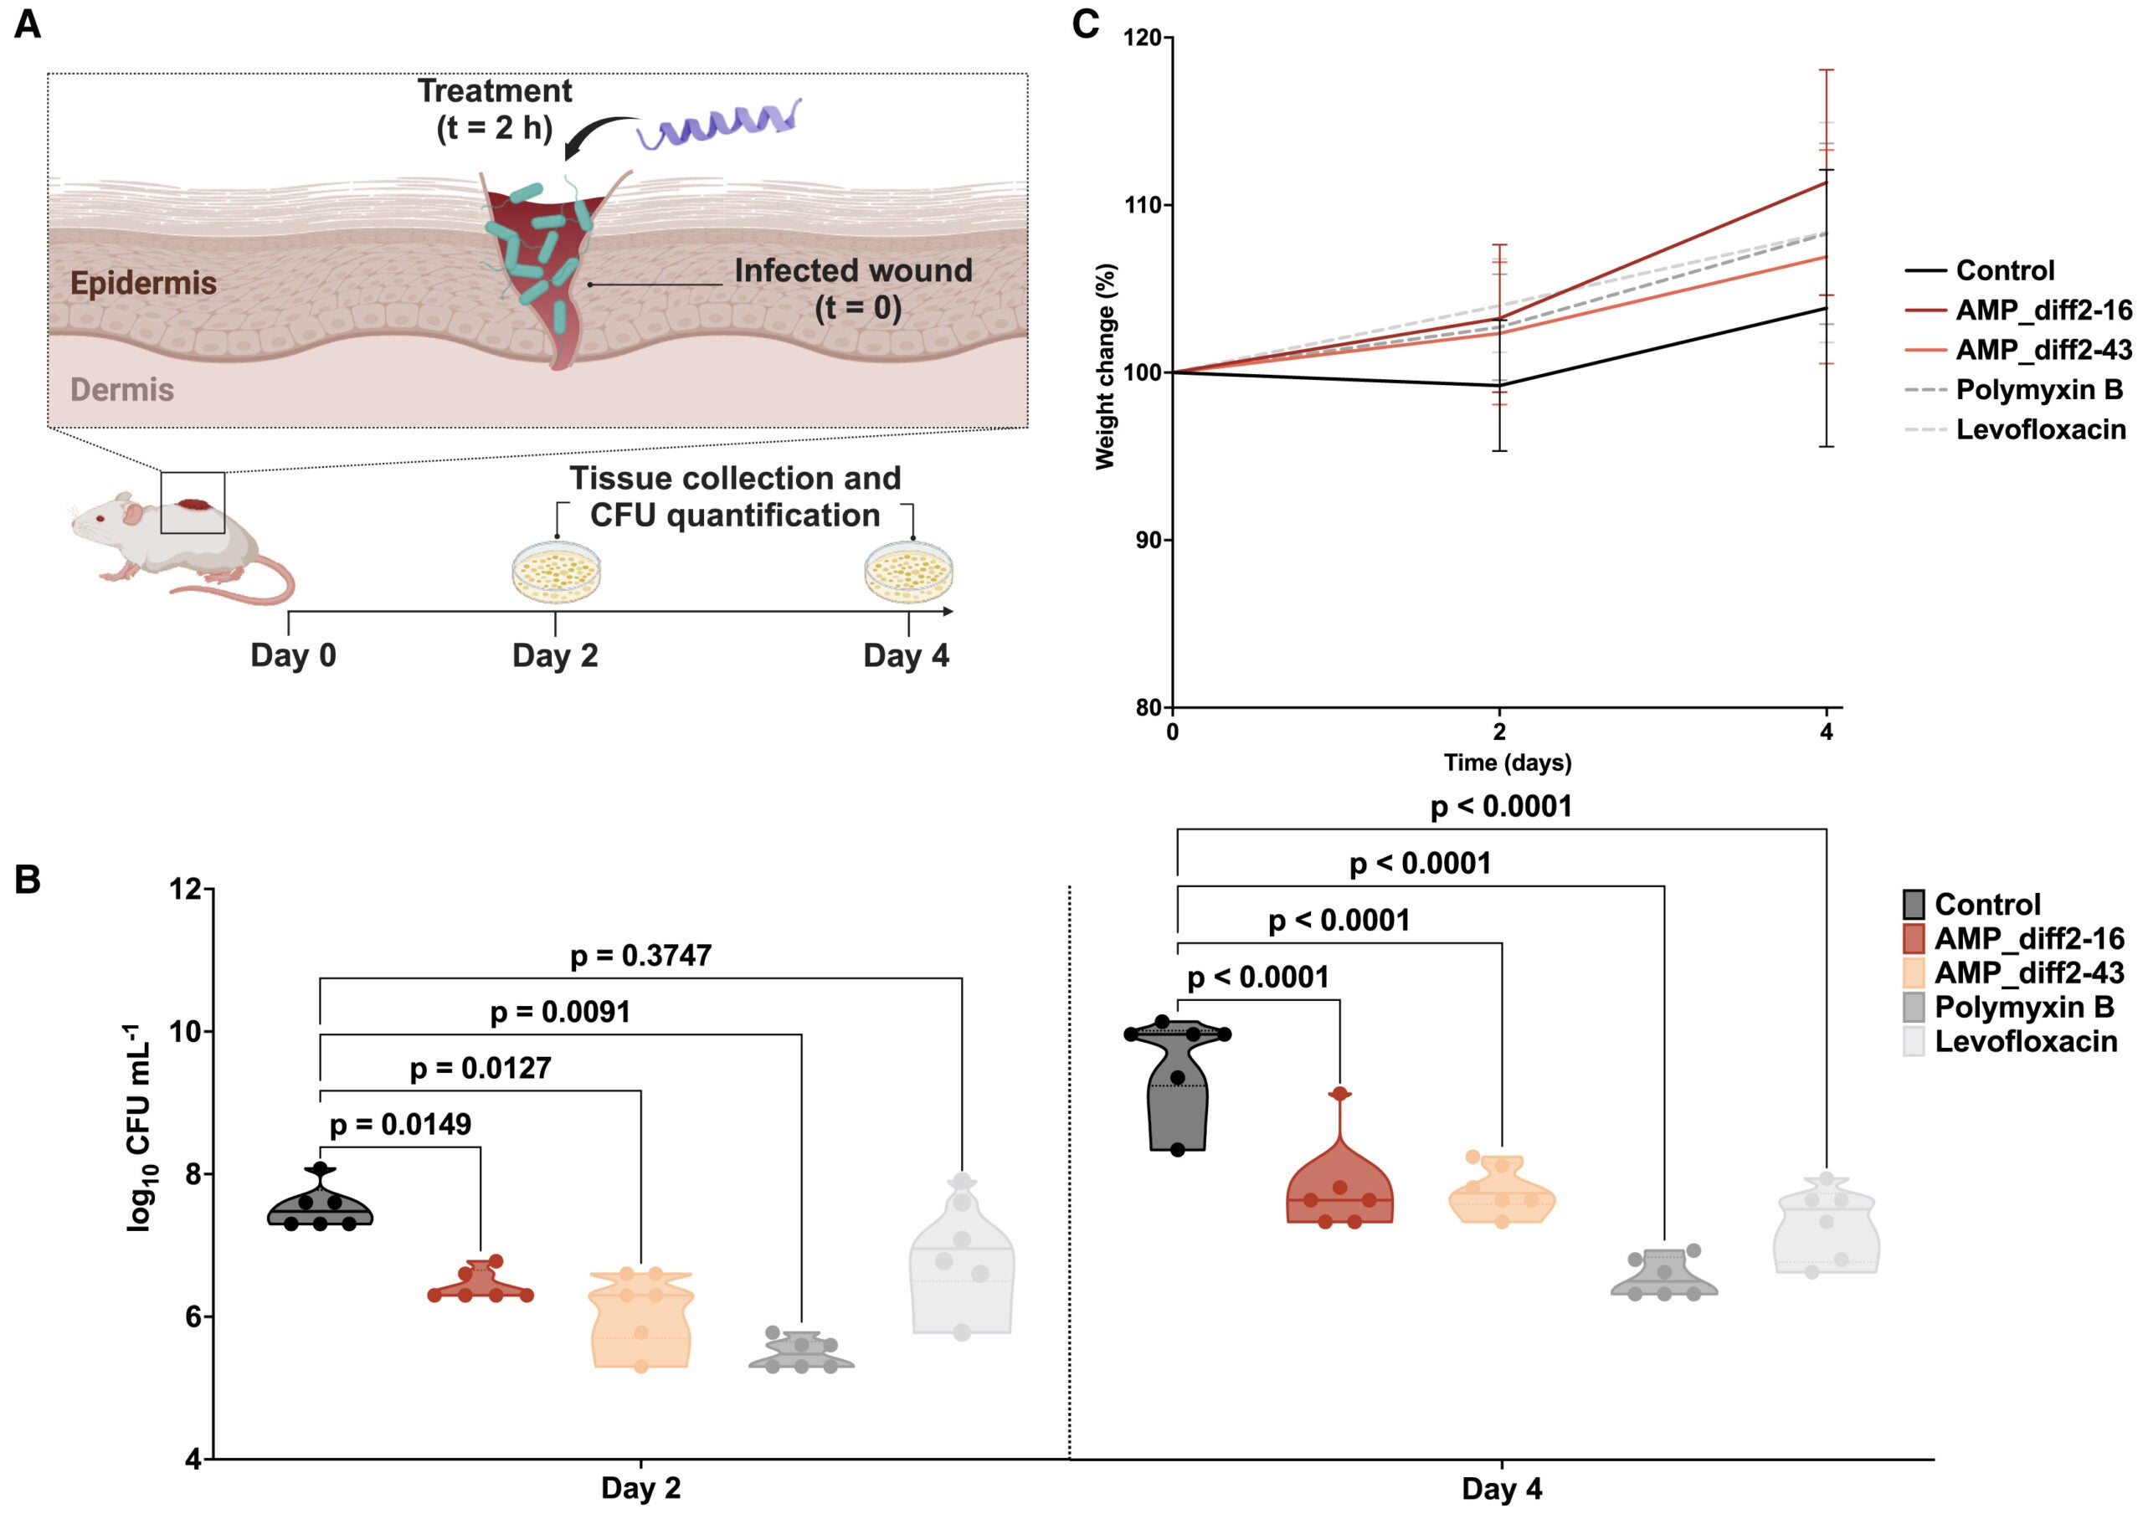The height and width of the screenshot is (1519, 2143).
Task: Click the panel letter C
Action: point(1084,23)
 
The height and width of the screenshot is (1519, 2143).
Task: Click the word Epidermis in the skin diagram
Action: point(143,283)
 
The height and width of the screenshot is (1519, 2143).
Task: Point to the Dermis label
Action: point(121,389)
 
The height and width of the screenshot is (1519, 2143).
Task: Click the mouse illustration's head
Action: point(103,520)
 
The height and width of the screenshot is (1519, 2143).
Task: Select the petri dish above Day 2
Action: point(556,572)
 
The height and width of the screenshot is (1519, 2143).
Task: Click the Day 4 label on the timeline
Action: point(906,655)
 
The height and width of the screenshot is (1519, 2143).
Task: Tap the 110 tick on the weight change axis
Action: point(1141,205)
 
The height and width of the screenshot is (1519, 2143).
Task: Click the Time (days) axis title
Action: point(1506,762)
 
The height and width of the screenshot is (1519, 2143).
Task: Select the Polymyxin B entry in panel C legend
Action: point(2038,389)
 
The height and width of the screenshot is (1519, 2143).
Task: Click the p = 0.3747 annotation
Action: point(640,955)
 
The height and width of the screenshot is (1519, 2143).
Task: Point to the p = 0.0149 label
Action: point(400,1123)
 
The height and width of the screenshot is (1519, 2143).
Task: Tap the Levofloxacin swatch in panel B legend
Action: point(1914,1042)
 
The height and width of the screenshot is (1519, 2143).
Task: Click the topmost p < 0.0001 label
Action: point(1500,806)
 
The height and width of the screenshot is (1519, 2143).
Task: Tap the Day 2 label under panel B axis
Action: point(640,1487)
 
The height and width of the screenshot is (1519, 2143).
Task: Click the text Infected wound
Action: point(852,271)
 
